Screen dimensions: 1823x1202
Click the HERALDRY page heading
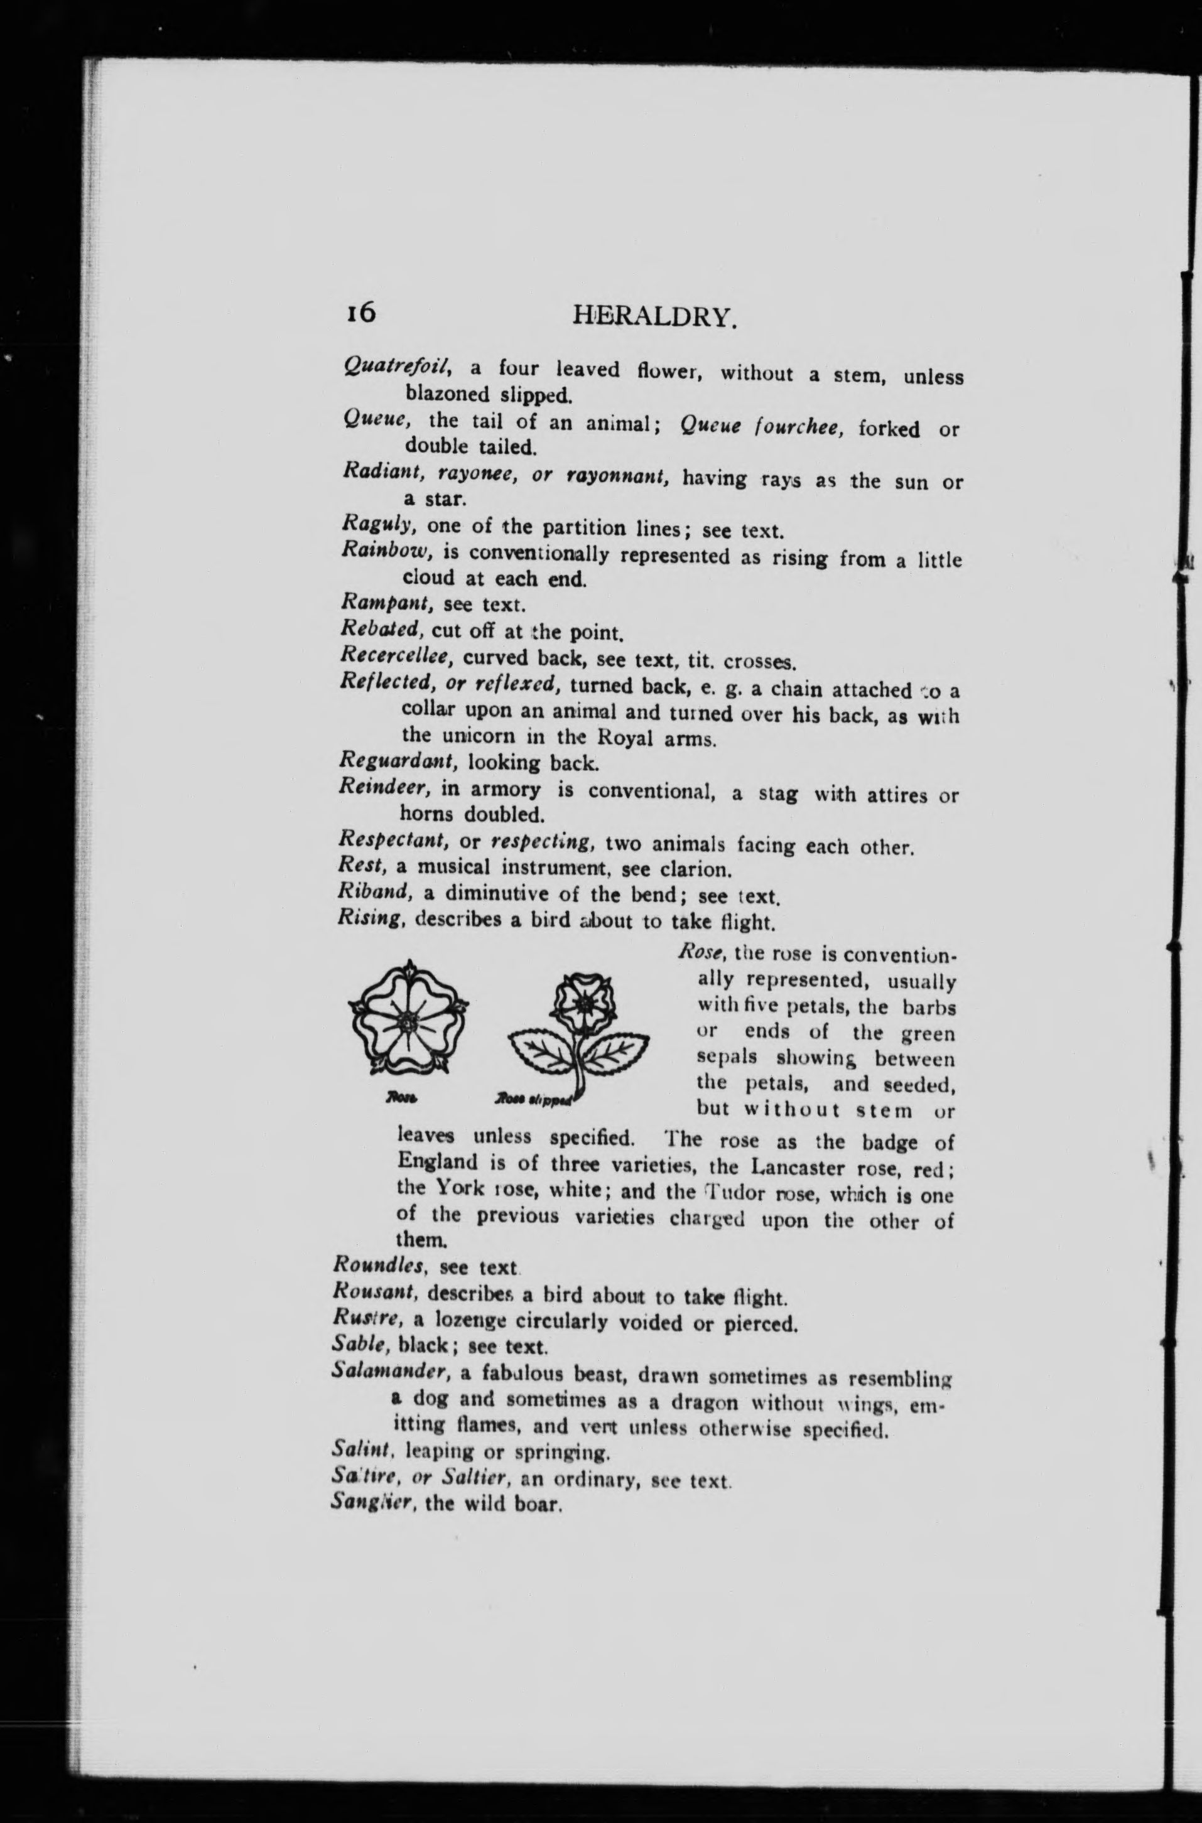(654, 316)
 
